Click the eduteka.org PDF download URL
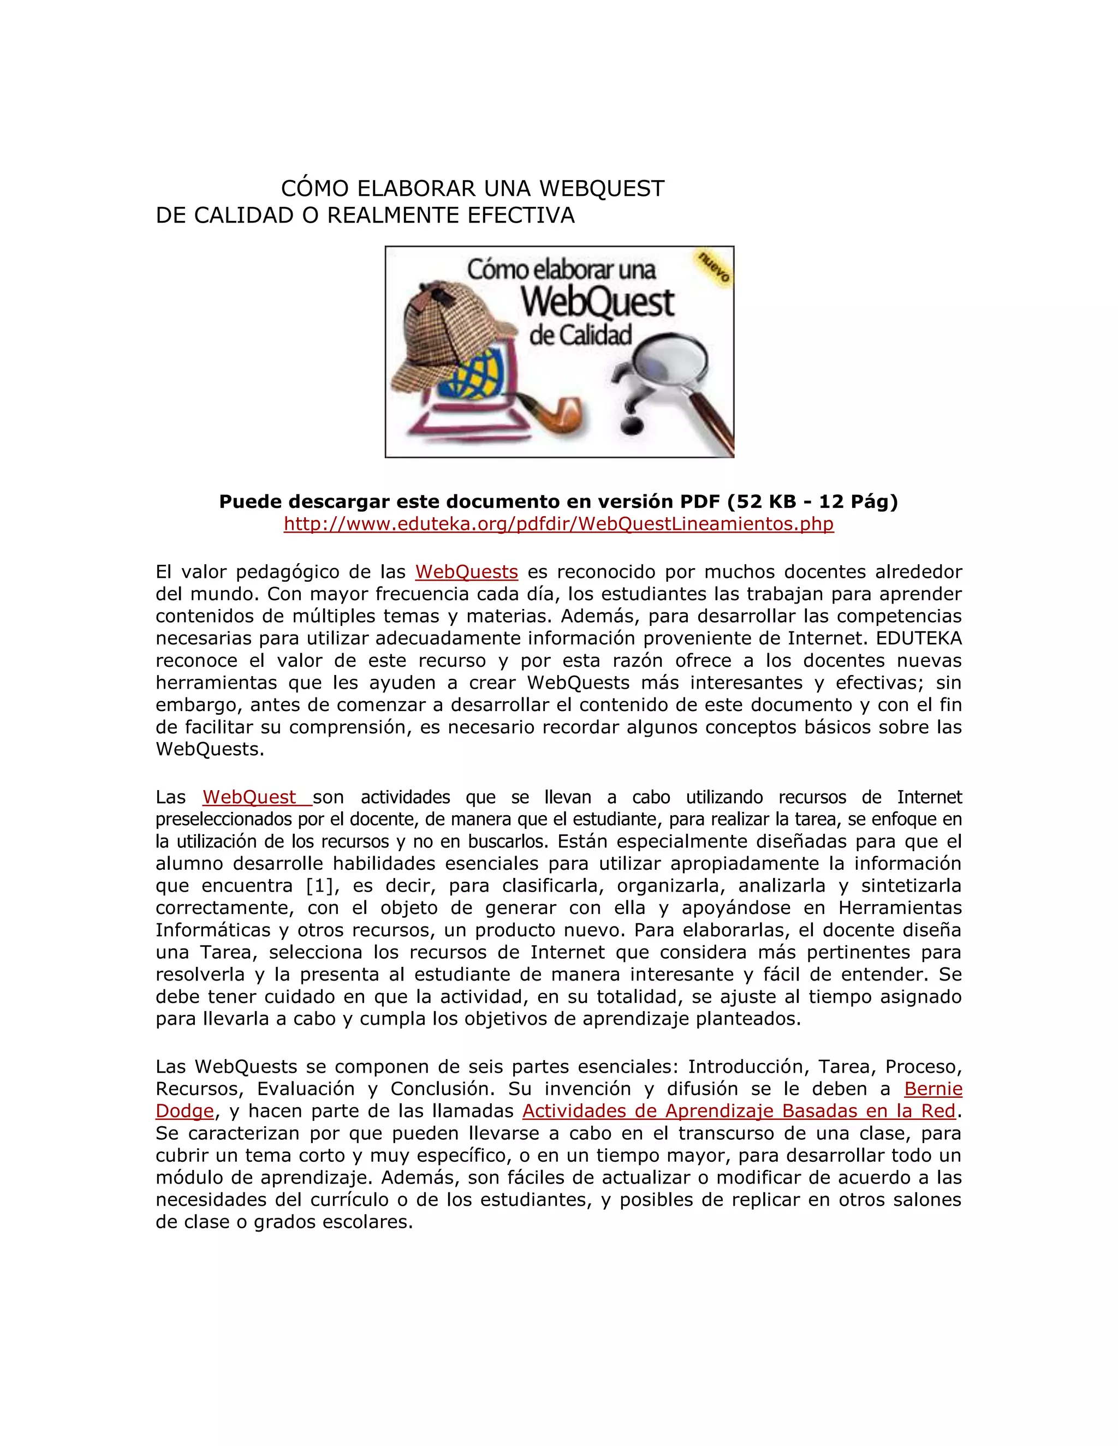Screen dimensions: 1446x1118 (558, 524)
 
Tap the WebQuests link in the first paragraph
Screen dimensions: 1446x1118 (466, 571)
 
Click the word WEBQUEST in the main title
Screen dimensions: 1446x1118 (602, 189)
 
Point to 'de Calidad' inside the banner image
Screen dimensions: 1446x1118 (580, 336)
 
